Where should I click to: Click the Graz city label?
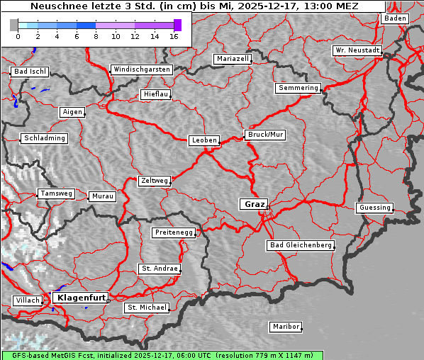pyautogui.click(x=254, y=204)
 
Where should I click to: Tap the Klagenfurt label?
pyautogui.click(x=81, y=298)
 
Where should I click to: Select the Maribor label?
pyautogui.click(x=286, y=327)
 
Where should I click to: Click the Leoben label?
pyautogui.click(x=204, y=140)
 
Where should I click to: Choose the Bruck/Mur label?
pyautogui.click(x=265, y=134)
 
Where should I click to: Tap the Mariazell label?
pyautogui.click(x=233, y=59)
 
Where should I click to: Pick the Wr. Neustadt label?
pyautogui.click(x=357, y=51)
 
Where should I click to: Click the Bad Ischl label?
pyautogui.click(x=30, y=72)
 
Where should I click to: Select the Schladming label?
pyautogui.click(x=45, y=138)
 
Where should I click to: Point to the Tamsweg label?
pyautogui.click(x=56, y=193)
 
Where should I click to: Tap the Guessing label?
pyautogui.click(x=374, y=208)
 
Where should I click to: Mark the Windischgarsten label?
pyautogui.click(x=142, y=69)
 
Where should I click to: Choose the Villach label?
pyautogui.click(x=28, y=300)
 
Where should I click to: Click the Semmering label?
pyautogui.click(x=299, y=88)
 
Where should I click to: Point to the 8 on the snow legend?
pyautogui.click(x=96, y=36)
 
